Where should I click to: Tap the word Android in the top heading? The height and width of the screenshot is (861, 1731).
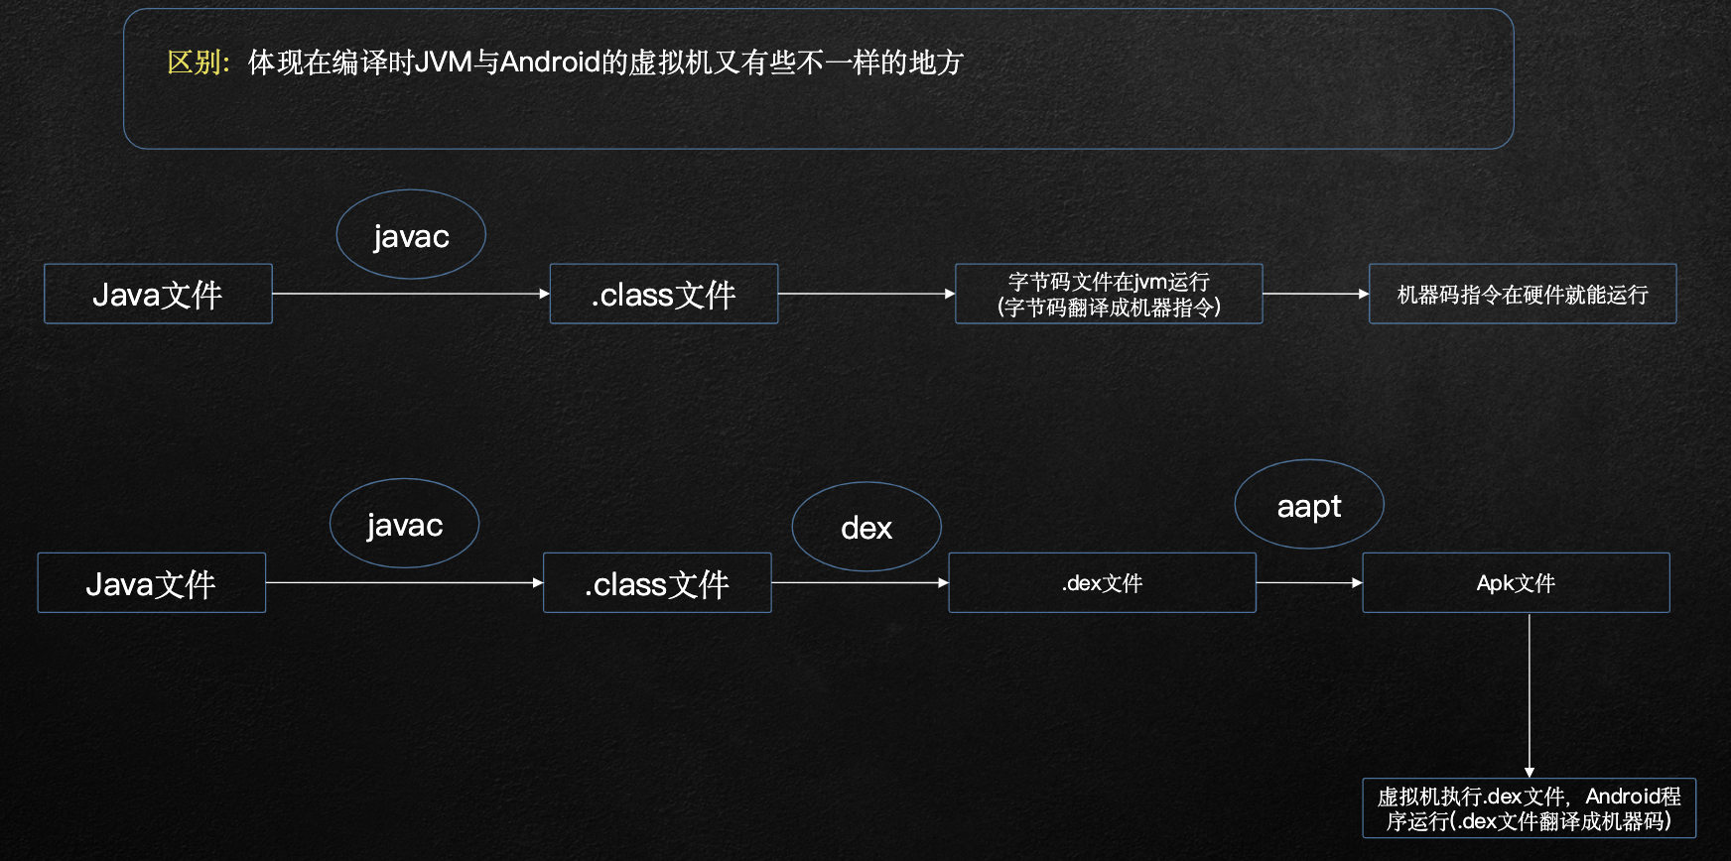(550, 62)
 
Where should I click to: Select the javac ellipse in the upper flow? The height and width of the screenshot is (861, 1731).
(411, 235)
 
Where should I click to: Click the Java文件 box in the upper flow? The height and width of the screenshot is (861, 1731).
(158, 294)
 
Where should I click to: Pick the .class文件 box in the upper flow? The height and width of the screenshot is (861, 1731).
(664, 294)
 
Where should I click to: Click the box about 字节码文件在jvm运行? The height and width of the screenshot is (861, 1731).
(1109, 294)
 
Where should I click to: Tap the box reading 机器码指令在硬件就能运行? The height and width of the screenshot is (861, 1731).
(1523, 294)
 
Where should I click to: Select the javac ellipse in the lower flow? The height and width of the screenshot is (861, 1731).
(404, 524)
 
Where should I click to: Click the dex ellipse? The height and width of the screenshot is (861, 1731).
(866, 527)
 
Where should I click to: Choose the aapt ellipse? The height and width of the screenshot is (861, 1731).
(1309, 505)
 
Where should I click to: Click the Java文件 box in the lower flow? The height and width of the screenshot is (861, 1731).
(152, 583)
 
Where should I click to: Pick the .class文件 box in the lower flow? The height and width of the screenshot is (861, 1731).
(657, 583)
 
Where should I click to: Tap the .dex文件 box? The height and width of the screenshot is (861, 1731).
(1103, 583)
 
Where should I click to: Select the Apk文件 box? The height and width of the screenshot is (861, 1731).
(1517, 583)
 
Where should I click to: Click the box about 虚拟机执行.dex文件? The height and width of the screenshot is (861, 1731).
(1530, 808)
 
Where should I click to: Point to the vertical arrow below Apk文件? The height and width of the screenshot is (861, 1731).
(1530, 695)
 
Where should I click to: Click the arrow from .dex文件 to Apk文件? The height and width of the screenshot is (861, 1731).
(1309, 583)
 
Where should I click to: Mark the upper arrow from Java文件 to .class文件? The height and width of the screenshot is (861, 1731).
(411, 294)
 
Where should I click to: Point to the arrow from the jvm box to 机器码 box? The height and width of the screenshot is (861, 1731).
(1316, 294)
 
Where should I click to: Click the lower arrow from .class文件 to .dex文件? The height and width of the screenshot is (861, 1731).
(861, 583)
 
